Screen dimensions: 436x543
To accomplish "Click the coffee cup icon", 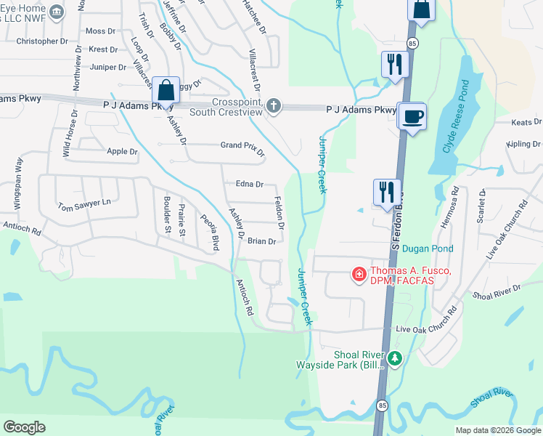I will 412,117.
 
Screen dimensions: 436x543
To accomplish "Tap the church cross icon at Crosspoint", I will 273,107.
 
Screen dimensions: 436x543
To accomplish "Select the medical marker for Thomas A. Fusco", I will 359,274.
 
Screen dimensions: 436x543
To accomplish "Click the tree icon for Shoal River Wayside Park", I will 394,358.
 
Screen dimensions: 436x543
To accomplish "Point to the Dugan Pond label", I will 428,249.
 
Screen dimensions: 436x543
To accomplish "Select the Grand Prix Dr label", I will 242,148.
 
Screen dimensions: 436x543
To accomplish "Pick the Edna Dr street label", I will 249,185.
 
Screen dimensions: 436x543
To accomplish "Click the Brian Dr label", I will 261,241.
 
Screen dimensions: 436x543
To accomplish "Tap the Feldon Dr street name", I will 279,211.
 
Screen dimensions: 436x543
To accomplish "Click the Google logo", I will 25,427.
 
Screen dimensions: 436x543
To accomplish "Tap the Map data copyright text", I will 497,430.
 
